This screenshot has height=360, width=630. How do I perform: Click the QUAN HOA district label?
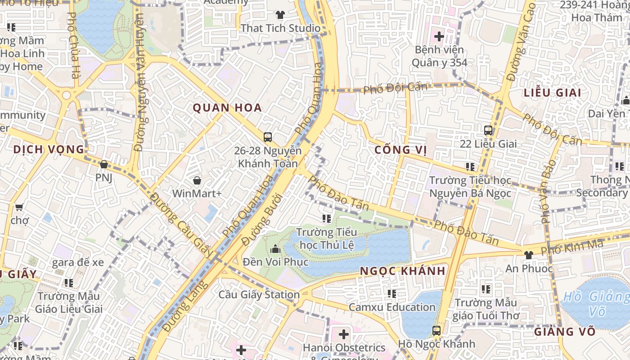(227, 108)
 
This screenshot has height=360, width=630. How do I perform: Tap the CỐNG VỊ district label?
(400, 150)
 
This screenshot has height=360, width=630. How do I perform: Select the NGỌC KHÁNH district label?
(403, 271)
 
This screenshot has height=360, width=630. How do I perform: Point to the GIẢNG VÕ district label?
(565, 332)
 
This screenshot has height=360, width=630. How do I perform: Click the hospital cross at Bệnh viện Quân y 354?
(439, 36)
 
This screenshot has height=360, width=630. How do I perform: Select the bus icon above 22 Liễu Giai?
(488, 130)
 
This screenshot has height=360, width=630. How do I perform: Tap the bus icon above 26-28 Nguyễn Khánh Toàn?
(268, 137)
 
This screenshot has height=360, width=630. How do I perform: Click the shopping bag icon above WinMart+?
(197, 181)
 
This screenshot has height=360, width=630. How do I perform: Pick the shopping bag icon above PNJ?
(103, 164)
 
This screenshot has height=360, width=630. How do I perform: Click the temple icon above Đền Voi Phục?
(275, 249)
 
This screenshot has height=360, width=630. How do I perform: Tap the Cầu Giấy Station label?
(259, 295)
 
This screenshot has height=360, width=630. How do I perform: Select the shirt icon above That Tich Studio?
(280, 15)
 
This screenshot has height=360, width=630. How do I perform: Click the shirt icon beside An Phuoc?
(528, 255)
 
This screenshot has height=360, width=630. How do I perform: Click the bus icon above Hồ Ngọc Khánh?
(436, 330)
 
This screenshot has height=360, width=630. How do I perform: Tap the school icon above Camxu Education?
(392, 294)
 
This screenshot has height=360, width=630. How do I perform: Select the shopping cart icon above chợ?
(19, 207)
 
